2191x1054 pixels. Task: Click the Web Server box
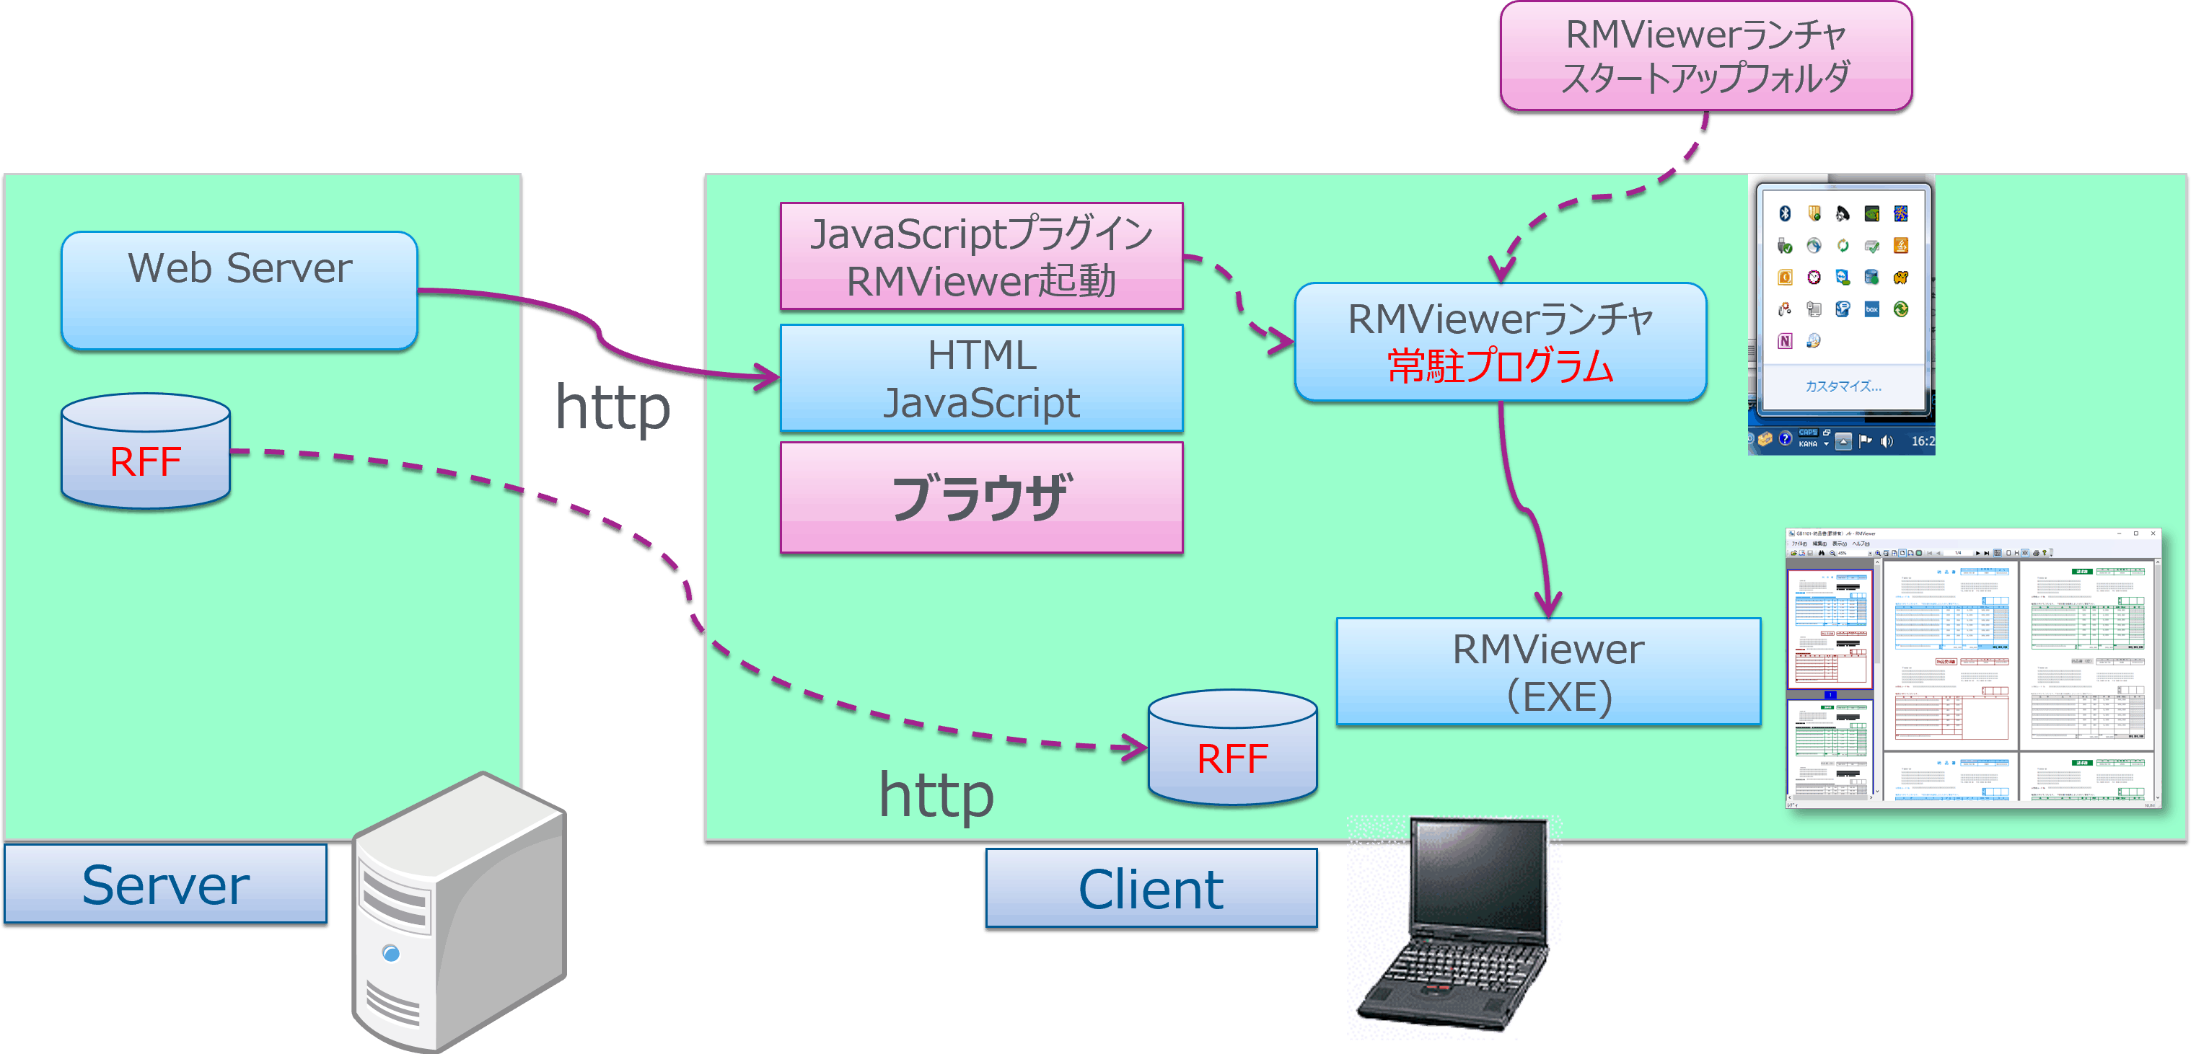click(x=239, y=290)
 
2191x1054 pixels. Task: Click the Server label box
click(x=166, y=884)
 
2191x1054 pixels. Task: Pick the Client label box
click(x=1151, y=888)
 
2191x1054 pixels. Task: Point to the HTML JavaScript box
click(x=982, y=378)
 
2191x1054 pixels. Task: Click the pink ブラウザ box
click(x=982, y=497)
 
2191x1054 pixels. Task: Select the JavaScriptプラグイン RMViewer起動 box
click(x=982, y=256)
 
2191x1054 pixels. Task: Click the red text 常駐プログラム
click(x=1501, y=366)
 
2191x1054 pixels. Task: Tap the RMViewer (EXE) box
click(x=1548, y=671)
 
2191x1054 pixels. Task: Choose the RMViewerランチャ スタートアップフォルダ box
click(x=1705, y=56)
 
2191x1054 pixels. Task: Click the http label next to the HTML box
click(x=612, y=407)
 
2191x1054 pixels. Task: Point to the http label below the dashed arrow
click(x=936, y=794)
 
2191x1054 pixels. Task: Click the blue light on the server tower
click(x=391, y=953)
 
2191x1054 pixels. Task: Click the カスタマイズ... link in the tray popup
click(x=1843, y=386)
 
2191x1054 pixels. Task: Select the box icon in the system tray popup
click(x=1871, y=309)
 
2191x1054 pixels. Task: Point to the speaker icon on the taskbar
click(x=1887, y=440)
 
